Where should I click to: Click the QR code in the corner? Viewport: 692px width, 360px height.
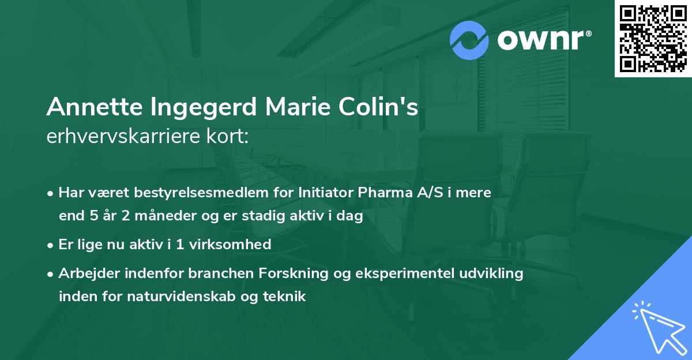pos(653,39)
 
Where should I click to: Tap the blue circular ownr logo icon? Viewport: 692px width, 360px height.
pos(469,40)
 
